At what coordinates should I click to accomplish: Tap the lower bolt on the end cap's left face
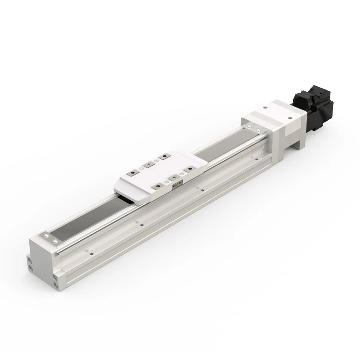31,269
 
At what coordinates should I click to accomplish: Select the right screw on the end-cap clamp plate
55,242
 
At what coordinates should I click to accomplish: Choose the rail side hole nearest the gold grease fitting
201,190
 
